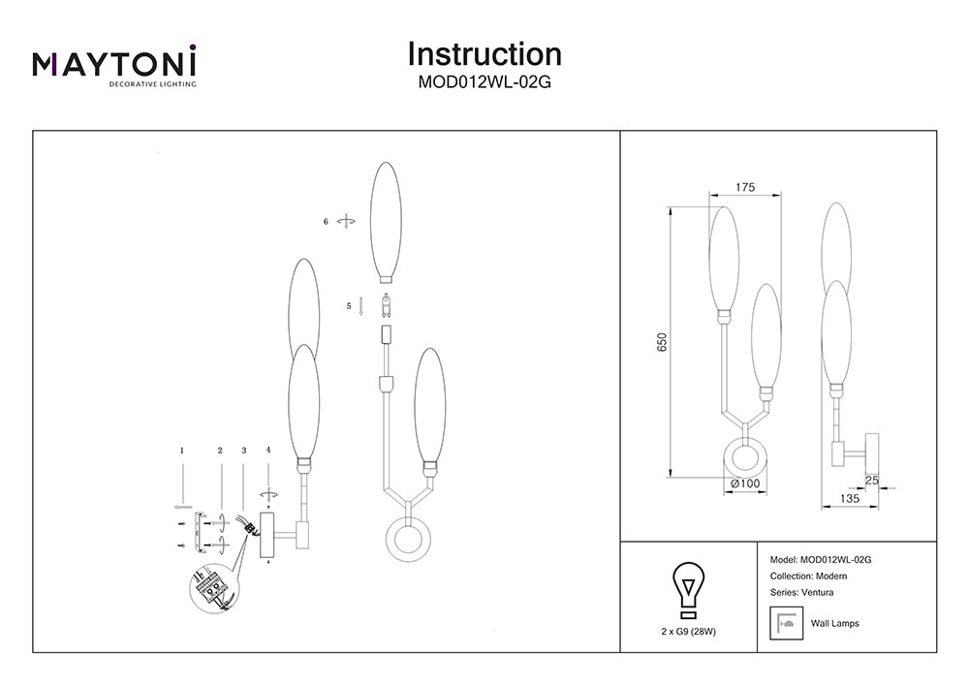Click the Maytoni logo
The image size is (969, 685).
115,65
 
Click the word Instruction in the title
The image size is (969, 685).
484,53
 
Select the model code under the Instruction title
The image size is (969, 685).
484,82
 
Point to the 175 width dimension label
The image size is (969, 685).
745,187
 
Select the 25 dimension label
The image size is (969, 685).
871,481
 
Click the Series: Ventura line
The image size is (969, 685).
800,592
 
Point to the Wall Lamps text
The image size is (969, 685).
834,624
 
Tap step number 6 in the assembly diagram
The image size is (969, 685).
326,222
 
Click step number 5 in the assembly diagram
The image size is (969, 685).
349,306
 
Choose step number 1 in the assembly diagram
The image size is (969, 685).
181,451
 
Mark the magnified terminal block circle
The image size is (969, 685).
212,588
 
